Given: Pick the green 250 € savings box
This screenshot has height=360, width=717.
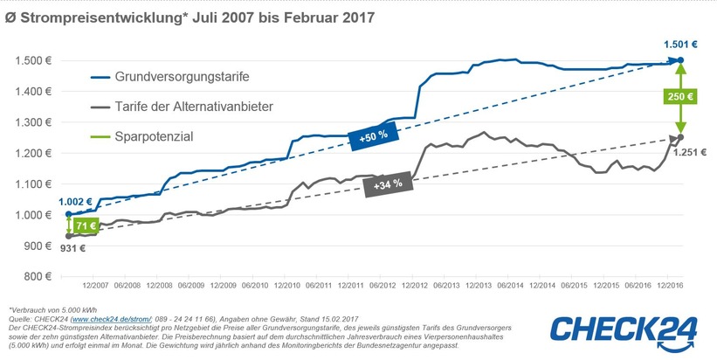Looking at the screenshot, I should click(680, 97).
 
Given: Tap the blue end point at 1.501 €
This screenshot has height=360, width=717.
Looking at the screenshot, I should click(680, 60).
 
